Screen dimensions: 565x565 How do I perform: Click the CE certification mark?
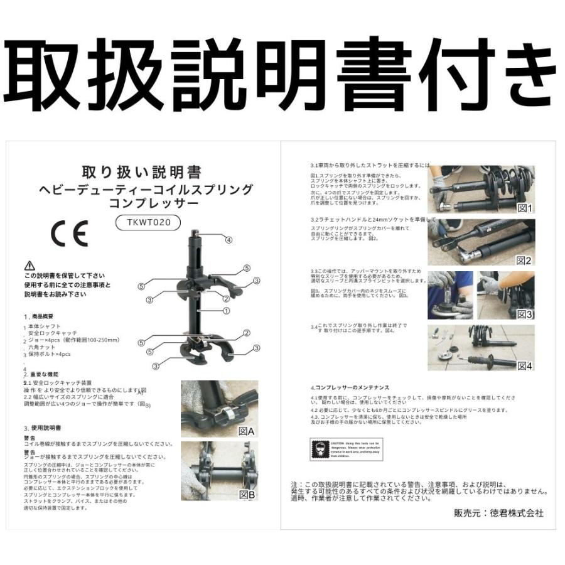tap(69, 234)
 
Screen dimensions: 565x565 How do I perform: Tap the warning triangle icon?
tap(30, 266)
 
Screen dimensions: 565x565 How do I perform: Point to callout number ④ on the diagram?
tap(229, 240)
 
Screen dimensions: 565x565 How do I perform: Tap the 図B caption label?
tap(247, 494)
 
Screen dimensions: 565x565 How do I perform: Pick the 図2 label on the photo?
tap(524, 260)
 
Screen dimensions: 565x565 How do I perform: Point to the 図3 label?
tap(524, 314)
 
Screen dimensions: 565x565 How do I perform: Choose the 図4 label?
tap(524, 365)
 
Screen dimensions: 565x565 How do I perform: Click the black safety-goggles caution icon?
tap(320, 449)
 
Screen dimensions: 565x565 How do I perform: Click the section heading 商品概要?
tap(50, 317)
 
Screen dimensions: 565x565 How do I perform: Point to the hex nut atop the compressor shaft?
tap(196, 236)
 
